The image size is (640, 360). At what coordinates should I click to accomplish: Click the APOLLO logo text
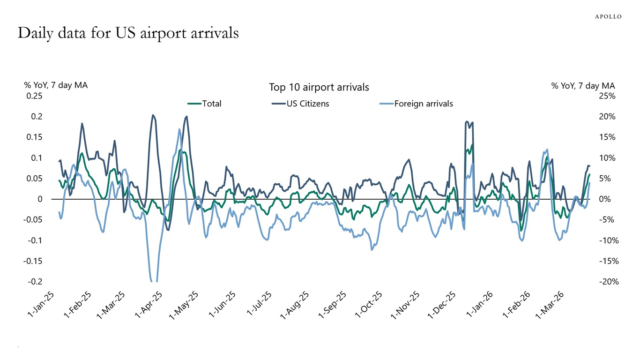click(x=608, y=16)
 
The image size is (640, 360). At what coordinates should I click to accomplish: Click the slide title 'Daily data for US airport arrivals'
click(x=128, y=33)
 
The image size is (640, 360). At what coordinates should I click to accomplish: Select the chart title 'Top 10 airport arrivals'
click(x=319, y=87)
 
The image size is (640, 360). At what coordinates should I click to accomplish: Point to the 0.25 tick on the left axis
click(x=33, y=96)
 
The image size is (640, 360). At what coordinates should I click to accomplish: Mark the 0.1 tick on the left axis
click(x=37, y=157)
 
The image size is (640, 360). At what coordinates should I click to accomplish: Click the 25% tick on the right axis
click(x=607, y=96)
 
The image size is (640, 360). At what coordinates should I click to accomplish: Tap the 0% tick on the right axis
click(x=609, y=199)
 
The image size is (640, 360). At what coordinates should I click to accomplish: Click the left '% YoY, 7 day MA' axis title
click(x=56, y=85)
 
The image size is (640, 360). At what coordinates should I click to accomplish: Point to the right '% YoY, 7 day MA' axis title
click(x=583, y=85)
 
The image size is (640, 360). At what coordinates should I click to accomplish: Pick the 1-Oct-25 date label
click(x=369, y=305)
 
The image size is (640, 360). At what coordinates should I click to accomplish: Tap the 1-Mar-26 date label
click(x=548, y=305)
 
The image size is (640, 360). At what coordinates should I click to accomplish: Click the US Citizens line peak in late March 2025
click(x=153, y=115)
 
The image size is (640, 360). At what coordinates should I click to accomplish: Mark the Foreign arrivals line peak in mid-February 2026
click(x=547, y=150)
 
